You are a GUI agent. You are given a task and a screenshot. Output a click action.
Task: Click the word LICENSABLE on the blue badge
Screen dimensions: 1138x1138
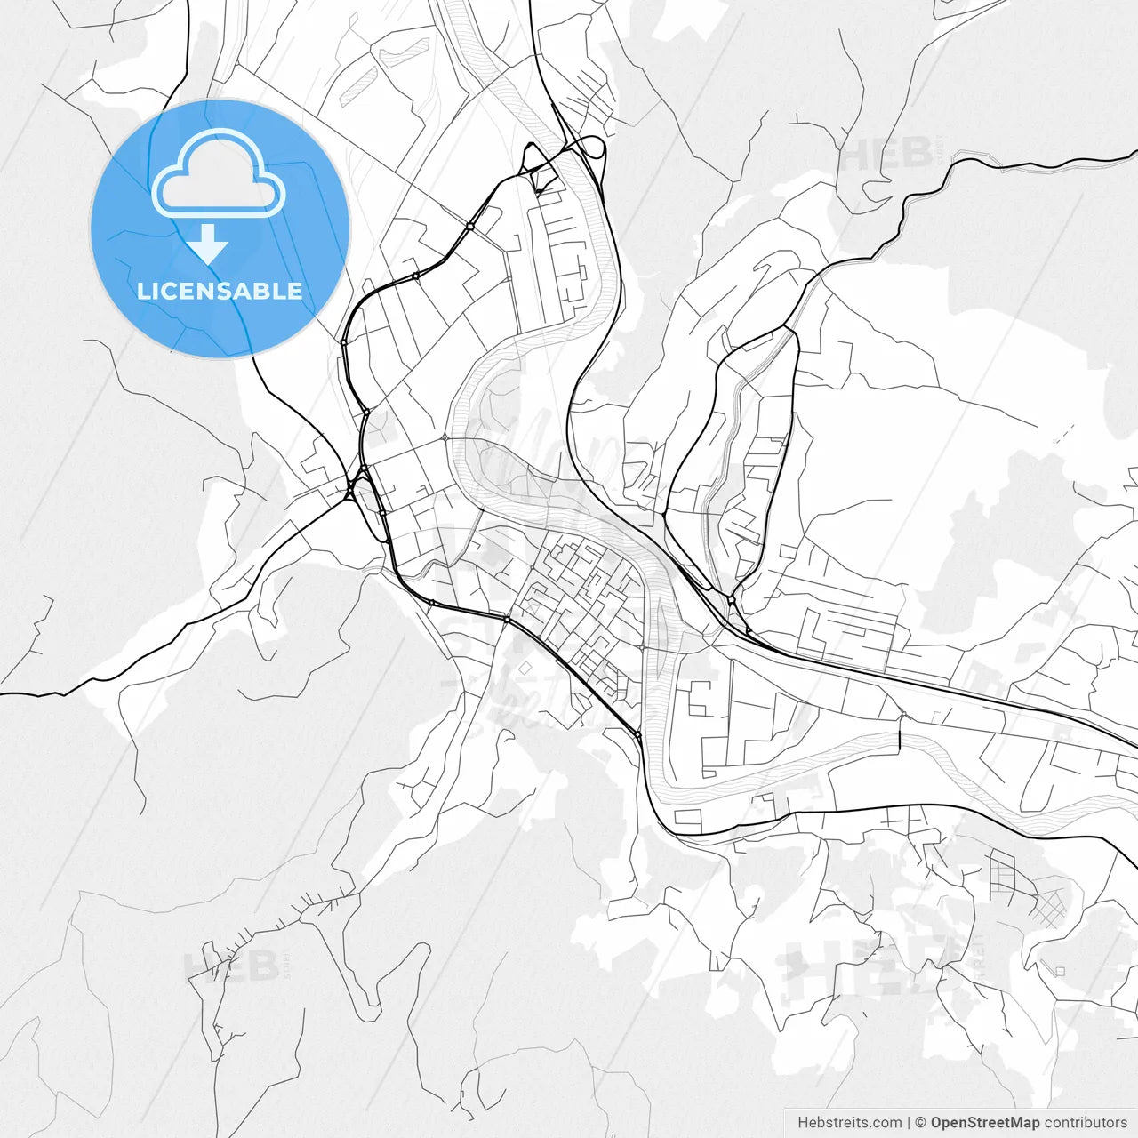tap(220, 291)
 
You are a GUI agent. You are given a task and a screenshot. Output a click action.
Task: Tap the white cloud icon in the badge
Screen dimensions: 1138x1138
tap(219, 174)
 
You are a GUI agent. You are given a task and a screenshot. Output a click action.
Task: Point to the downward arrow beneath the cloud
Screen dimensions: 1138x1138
tap(209, 244)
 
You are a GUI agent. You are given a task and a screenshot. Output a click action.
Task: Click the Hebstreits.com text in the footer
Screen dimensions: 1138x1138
tap(849, 1123)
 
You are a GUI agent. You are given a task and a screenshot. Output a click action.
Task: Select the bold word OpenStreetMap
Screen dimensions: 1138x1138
tap(984, 1123)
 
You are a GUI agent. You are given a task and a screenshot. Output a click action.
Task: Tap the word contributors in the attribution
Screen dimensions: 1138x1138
tap(1086, 1123)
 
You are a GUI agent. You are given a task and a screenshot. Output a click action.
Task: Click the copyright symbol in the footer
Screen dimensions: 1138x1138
tap(921, 1123)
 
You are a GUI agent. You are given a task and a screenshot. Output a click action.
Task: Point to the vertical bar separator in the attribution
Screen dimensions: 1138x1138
tap(908, 1123)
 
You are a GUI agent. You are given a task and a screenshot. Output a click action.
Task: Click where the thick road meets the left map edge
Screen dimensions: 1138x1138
tap(4, 693)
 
